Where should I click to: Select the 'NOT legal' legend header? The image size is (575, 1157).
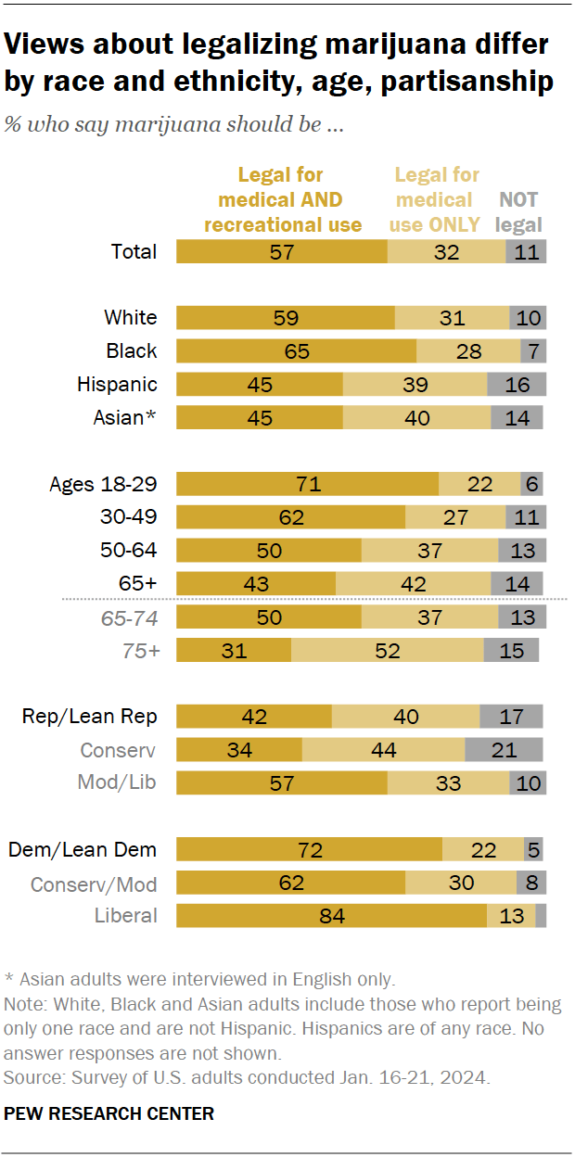(518, 211)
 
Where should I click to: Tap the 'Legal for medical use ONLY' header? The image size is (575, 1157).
(437, 199)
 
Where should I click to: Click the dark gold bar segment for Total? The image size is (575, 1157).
(281, 251)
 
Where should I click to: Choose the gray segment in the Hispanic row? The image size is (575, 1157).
(517, 385)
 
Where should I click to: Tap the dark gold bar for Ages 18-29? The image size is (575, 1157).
(307, 484)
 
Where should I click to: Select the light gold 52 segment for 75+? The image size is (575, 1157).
(387, 651)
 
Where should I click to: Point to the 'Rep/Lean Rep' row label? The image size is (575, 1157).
(90, 716)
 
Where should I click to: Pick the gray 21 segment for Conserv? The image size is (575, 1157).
(504, 749)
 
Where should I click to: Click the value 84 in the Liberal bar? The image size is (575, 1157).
(331, 916)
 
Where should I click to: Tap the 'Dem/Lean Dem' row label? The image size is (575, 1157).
(83, 849)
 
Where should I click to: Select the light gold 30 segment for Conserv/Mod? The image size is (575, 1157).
(461, 883)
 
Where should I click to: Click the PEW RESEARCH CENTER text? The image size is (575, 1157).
(109, 1113)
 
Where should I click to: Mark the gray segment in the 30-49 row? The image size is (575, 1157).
(526, 517)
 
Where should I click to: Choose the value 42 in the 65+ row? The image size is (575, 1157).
(413, 584)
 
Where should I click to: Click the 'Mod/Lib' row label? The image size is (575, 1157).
(116, 782)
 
